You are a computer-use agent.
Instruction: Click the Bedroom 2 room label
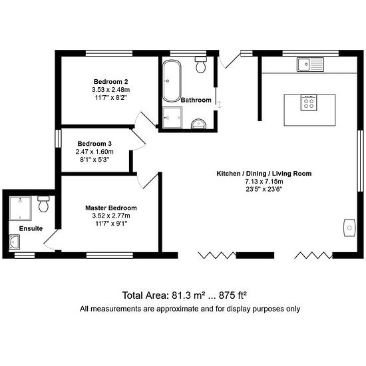coord(110,82)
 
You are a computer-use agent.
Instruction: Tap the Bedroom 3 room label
coord(94,144)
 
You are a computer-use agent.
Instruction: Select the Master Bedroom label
coord(111,208)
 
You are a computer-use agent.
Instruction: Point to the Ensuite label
coord(31,228)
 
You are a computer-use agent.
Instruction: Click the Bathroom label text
coord(196,100)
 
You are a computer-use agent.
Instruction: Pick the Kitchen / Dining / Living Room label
coord(264,174)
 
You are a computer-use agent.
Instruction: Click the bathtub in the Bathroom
coord(172,81)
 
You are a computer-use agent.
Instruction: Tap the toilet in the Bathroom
coord(201,65)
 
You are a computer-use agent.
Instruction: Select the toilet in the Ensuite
coord(43,204)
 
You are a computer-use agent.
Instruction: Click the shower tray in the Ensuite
coord(21,208)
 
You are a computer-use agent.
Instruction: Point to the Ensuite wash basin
coord(15,242)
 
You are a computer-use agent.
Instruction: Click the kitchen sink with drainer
coord(310,64)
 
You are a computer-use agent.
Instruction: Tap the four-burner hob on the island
coord(309,103)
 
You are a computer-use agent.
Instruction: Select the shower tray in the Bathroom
coord(172,117)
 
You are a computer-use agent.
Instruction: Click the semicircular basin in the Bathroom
coord(199,124)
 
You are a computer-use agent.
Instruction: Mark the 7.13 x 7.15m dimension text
coord(264,182)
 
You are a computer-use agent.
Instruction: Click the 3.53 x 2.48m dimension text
coord(110,90)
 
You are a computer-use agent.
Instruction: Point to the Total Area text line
coord(184,295)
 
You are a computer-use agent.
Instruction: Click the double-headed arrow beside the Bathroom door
coord(220,104)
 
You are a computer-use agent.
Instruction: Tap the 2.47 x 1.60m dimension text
coord(94,152)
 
